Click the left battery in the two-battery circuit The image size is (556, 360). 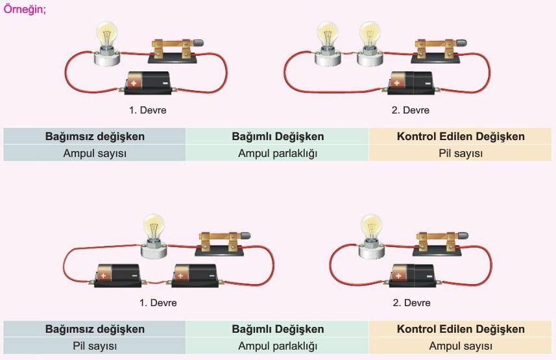click(117, 274)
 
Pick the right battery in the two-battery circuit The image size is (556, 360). click(194, 274)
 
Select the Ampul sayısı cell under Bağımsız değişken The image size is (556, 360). click(94, 154)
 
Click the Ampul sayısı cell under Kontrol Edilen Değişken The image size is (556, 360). click(460, 346)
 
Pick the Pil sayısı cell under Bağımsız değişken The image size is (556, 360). click(94, 346)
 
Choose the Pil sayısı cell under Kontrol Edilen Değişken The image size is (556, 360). click(460, 154)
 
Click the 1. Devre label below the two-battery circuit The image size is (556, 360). click(158, 303)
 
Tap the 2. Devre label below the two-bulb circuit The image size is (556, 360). click(410, 110)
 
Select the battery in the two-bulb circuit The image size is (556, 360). click(411, 83)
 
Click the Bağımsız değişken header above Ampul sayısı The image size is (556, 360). click(94, 136)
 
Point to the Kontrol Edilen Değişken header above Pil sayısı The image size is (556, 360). click(460, 136)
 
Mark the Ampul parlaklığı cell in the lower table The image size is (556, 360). click(277, 346)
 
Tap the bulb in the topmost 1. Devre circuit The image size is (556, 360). click(106, 39)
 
